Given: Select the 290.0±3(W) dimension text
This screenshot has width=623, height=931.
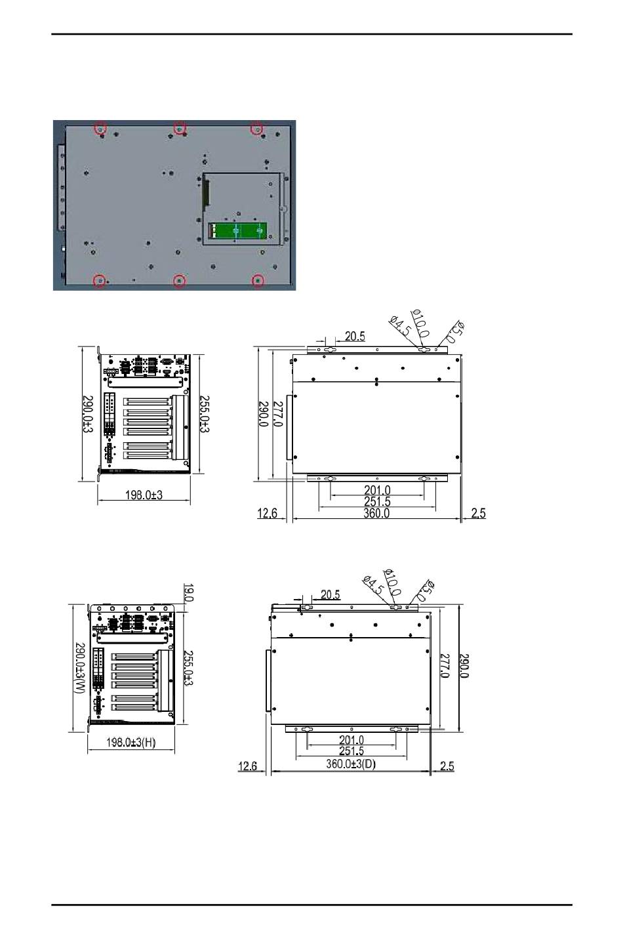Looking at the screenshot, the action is (80, 668).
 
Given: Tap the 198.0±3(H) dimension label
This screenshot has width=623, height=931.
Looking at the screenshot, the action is (131, 742).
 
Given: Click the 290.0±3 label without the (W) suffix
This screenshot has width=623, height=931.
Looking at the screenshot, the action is (88, 414).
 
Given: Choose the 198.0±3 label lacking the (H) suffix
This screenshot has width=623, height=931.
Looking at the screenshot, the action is (144, 495).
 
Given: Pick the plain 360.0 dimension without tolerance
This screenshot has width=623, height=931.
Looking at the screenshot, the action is (376, 513).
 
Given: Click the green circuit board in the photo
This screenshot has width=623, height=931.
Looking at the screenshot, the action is (237, 231).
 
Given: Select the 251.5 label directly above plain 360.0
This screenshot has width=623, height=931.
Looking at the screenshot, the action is (377, 502).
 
